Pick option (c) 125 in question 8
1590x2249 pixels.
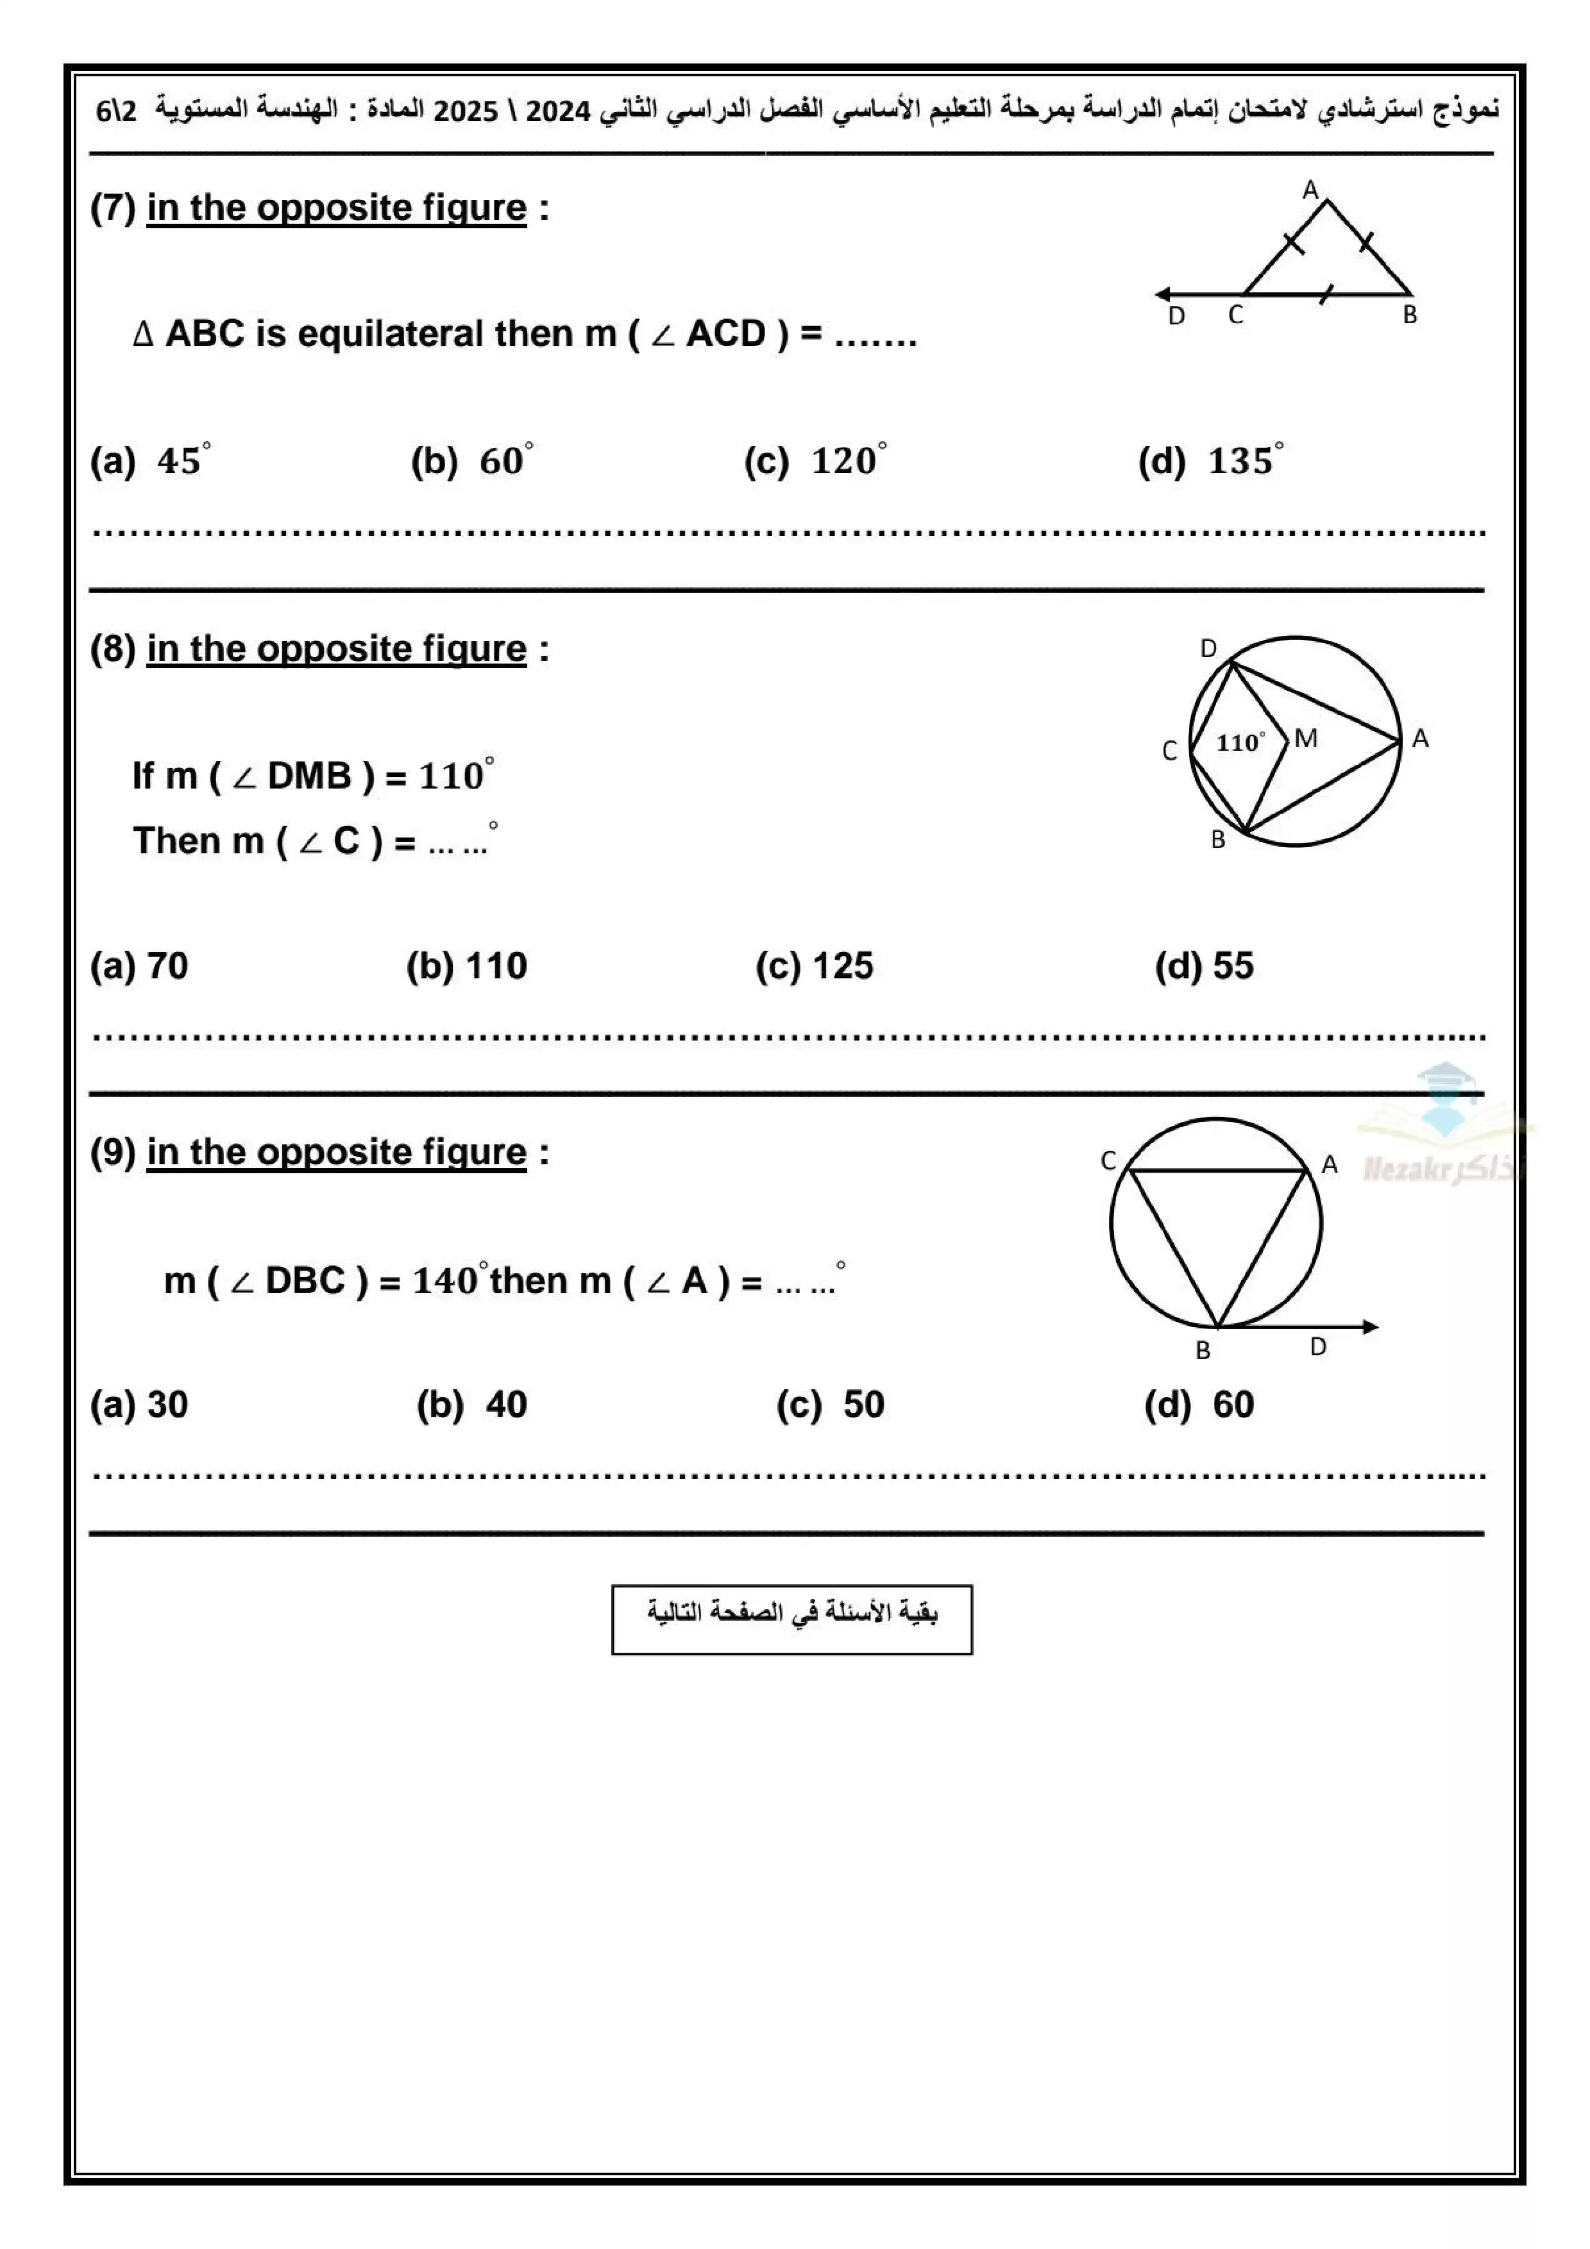click(814, 966)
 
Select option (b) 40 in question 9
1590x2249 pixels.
click(471, 1405)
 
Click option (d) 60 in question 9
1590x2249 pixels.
click(1199, 1405)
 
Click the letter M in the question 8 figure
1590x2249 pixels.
click(1306, 739)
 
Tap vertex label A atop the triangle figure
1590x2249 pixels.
click(1311, 190)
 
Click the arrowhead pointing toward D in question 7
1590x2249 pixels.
click(1163, 294)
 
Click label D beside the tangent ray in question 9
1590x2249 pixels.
click(1319, 1347)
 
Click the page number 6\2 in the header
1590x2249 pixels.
click(117, 111)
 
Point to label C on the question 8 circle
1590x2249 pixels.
click(1170, 750)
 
